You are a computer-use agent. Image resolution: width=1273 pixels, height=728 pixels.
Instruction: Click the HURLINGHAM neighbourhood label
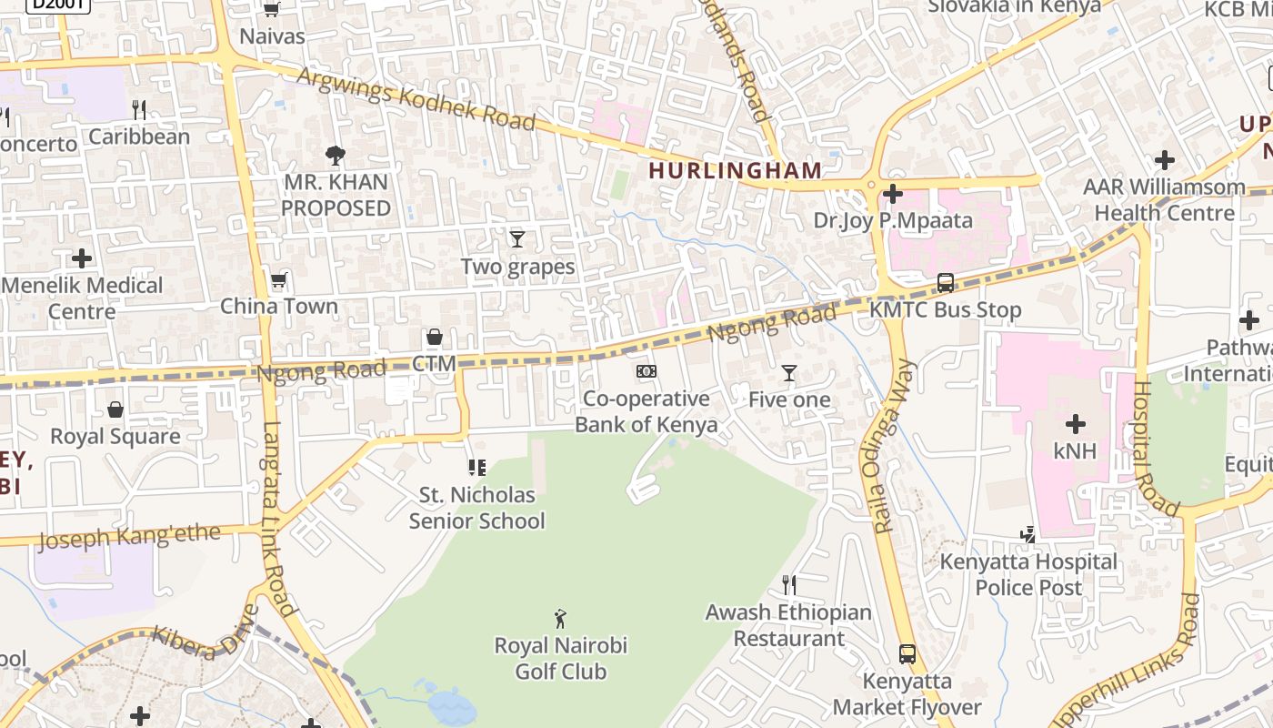point(735,170)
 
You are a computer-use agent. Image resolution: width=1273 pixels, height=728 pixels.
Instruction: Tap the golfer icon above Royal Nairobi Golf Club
point(560,619)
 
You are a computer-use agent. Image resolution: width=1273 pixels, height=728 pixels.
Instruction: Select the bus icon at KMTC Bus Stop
point(946,283)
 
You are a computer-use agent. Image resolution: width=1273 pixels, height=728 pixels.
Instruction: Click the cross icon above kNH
point(1076,424)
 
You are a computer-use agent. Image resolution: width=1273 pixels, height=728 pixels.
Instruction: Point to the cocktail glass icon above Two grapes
point(517,239)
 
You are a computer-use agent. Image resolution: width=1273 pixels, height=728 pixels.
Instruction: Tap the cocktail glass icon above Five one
point(789,373)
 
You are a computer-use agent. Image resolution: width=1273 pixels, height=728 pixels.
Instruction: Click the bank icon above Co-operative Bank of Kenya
point(647,371)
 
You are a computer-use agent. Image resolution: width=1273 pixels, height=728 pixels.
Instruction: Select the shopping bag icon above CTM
point(435,338)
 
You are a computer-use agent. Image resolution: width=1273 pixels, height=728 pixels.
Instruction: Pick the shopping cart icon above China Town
point(279,279)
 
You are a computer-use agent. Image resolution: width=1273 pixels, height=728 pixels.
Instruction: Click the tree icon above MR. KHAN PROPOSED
point(336,156)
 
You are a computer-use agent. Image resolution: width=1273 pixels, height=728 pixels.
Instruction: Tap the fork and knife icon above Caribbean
point(139,110)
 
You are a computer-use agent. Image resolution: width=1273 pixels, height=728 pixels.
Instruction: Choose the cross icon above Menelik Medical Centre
point(82,258)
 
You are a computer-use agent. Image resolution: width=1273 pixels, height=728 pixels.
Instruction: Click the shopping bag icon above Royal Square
point(115,409)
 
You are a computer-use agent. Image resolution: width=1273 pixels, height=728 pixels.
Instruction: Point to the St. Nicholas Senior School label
point(476,508)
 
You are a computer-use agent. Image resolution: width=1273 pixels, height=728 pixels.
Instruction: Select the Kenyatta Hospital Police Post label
point(1028,574)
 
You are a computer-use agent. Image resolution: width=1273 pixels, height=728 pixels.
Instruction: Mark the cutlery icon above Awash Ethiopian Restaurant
point(789,584)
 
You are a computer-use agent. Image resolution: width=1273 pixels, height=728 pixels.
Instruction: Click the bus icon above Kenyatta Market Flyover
point(907,653)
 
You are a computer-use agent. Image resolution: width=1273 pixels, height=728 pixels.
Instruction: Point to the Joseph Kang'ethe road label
point(129,536)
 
